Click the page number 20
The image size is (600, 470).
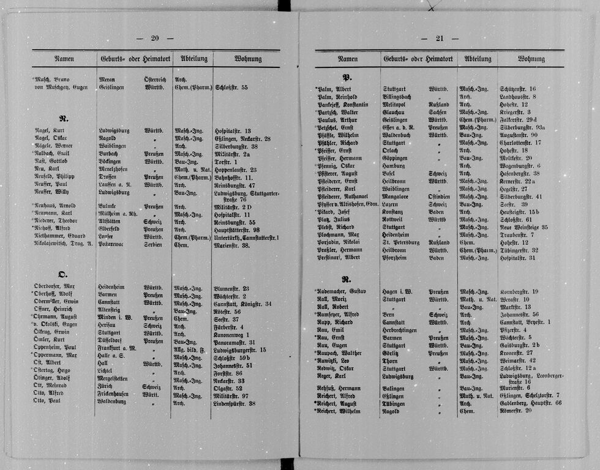(x=154, y=38)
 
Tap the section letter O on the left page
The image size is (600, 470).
(x=62, y=274)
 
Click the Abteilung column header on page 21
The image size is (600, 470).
(x=478, y=59)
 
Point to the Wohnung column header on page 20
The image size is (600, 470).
(x=247, y=59)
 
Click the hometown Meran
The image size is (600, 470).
(x=107, y=80)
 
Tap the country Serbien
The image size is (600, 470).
(x=153, y=244)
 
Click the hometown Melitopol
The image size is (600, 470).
(x=397, y=105)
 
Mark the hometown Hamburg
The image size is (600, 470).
(x=395, y=166)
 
